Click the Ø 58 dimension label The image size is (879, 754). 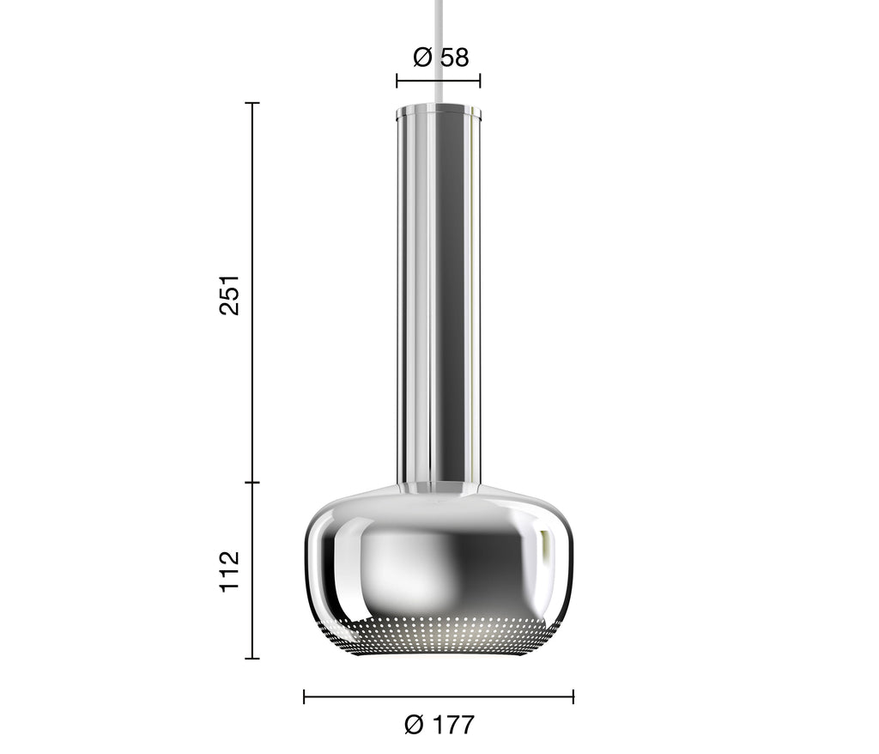pyautogui.click(x=440, y=58)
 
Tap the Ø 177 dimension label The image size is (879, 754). pyautogui.click(x=439, y=724)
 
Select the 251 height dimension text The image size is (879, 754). pyautogui.click(x=229, y=295)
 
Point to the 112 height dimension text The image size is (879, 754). pyautogui.click(x=229, y=571)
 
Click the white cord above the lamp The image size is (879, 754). pyautogui.click(x=438, y=52)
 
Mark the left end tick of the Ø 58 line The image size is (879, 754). pyautogui.click(x=397, y=81)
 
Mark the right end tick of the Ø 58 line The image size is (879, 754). pyautogui.click(x=480, y=81)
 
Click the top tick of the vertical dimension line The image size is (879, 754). pyautogui.click(x=252, y=103)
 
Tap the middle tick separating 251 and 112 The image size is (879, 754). pyautogui.click(x=252, y=482)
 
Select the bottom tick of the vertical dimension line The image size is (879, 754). pyautogui.click(x=252, y=658)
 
